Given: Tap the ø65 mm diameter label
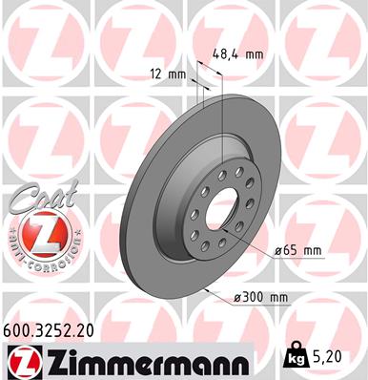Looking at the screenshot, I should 298,250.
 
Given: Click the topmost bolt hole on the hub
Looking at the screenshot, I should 221,173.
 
